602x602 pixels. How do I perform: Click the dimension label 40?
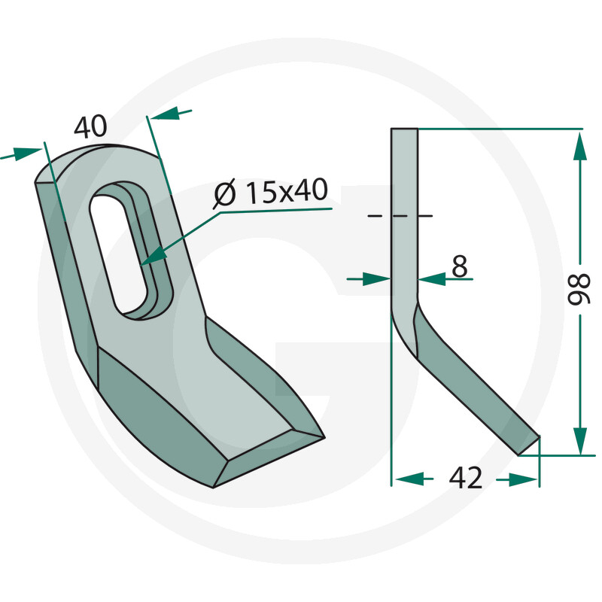coord(90,126)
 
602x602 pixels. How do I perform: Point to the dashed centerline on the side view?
coord(400,217)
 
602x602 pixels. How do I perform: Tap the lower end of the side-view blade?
coord(530,445)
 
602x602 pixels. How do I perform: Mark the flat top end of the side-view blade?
coord(403,130)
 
